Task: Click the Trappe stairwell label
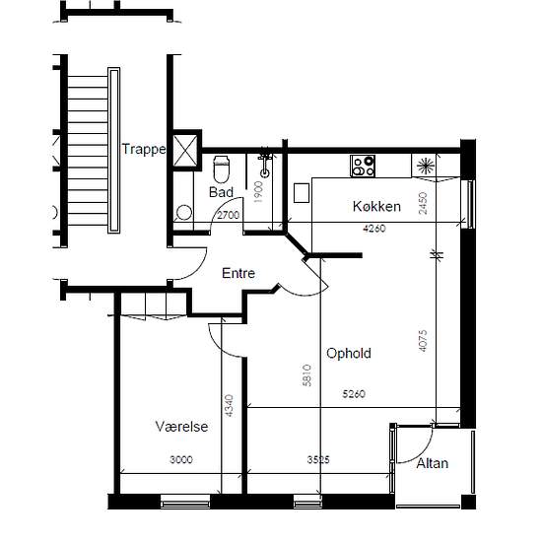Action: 144,150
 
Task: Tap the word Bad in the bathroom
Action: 221,192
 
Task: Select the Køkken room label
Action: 376,206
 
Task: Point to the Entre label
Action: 238,273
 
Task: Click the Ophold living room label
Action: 349,353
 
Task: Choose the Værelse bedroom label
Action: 182,427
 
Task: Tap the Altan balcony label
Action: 432,463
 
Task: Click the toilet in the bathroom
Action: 221,169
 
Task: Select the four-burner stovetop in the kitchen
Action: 363,166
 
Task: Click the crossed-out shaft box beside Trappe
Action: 185,151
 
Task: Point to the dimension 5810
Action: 306,375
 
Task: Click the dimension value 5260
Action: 354,394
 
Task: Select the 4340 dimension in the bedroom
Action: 229,405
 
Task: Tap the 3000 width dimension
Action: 181,459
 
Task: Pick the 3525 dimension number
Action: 318,459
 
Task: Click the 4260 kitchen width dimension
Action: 374,229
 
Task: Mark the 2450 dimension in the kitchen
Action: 423,203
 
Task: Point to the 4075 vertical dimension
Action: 423,341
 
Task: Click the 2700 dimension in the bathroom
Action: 229,215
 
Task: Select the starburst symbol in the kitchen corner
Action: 426,166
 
